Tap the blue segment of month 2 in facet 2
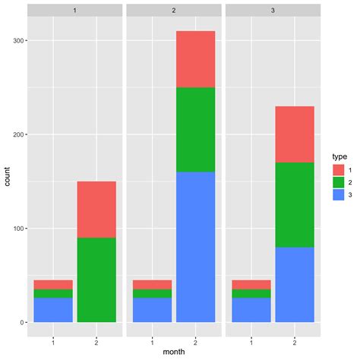[x=194, y=247]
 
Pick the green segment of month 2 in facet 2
[x=194, y=130]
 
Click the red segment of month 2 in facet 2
[x=194, y=59]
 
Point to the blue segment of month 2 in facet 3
[x=294, y=285]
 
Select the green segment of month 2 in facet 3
[x=294, y=205]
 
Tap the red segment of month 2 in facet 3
[x=294, y=134]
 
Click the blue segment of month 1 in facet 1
[x=53, y=310]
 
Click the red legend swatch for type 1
[x=339, y=170]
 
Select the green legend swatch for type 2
[x=339, y=183]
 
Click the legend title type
[x=339, y=156]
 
